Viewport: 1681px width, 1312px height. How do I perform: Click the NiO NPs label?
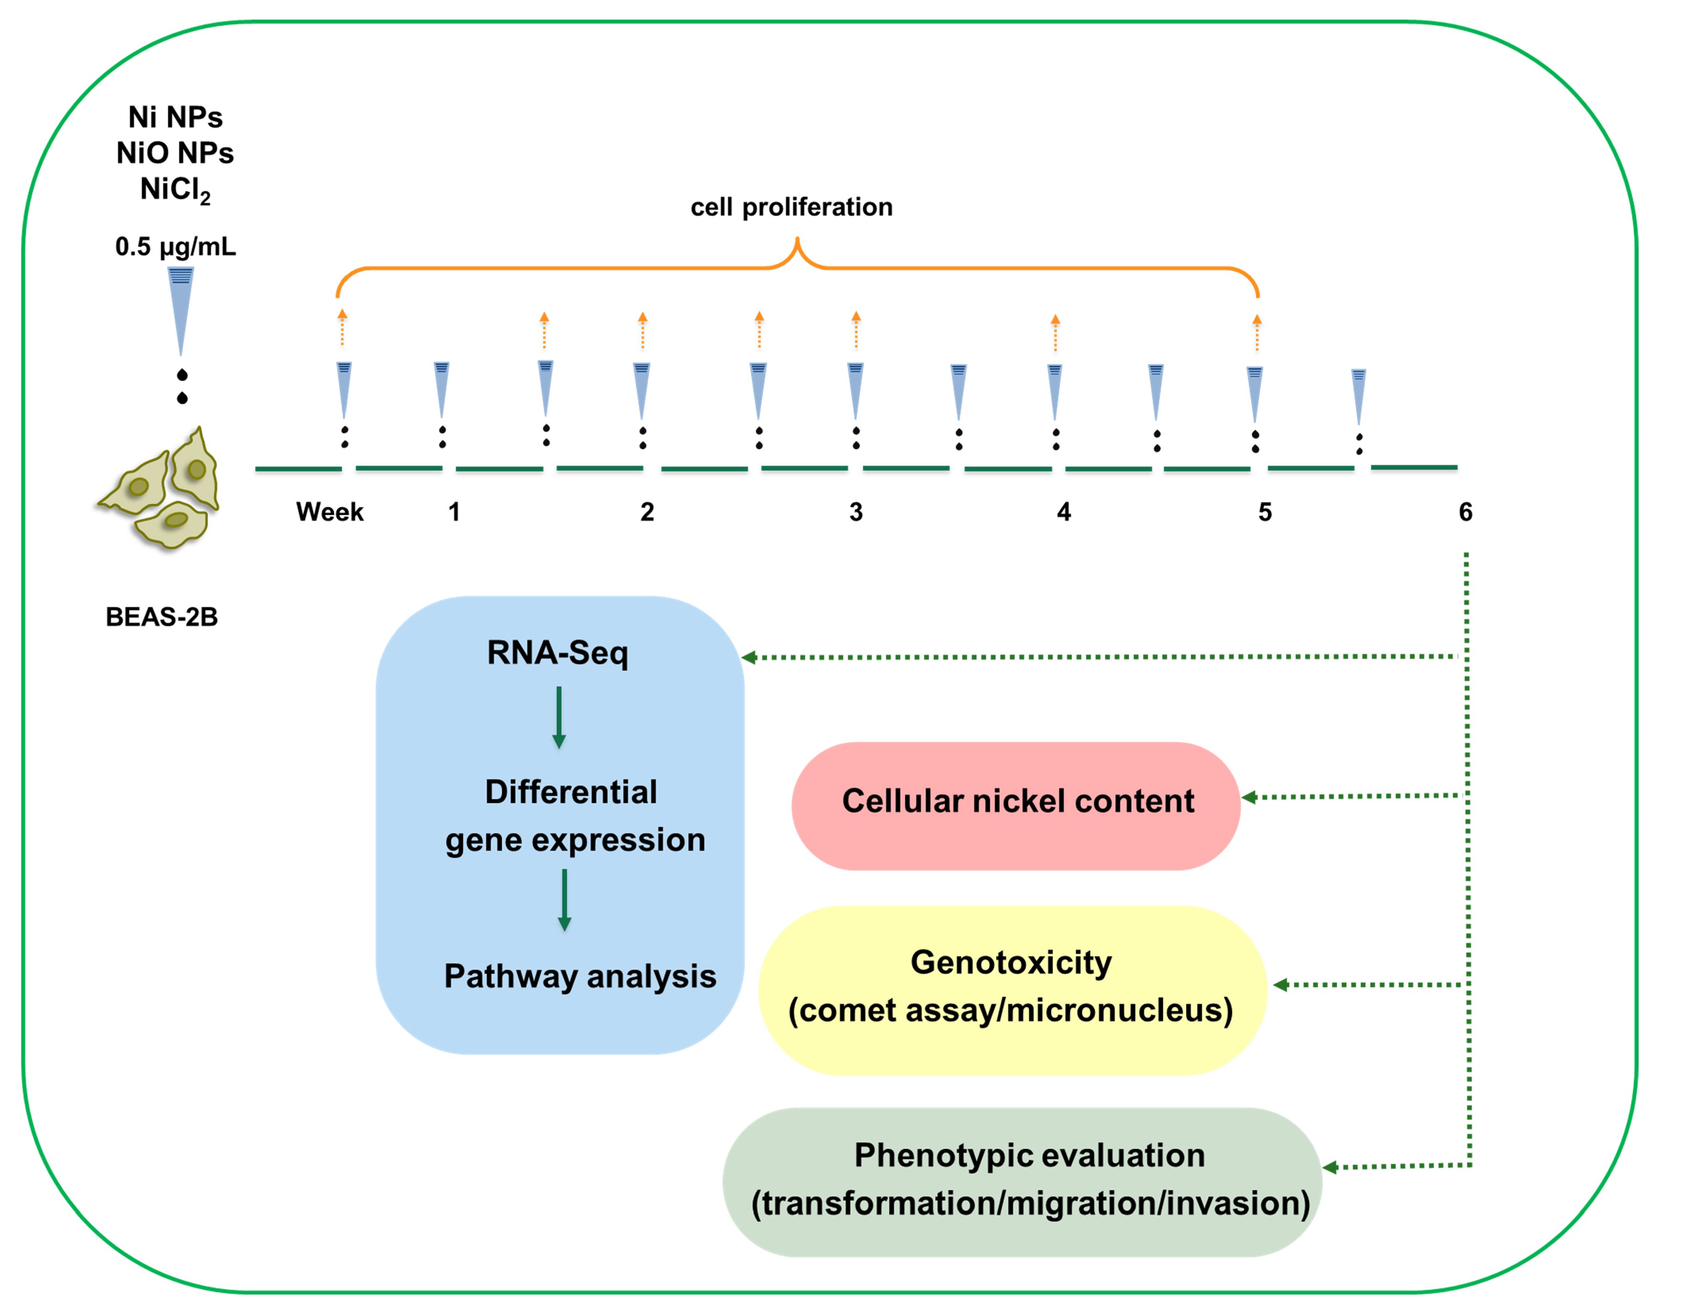175,153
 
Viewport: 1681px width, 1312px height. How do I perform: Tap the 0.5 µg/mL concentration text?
175,247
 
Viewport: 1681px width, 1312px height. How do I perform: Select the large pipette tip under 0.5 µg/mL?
181,308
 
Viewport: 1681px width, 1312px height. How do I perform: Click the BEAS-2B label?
161,617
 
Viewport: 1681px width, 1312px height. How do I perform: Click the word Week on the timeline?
329,513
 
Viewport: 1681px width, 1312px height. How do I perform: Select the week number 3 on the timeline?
856,513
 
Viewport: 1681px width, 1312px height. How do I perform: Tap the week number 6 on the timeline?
1466,513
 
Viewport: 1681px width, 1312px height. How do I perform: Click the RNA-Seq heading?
558,653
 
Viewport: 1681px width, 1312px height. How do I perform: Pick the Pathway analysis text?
579,977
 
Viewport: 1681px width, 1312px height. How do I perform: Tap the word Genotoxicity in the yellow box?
1011,963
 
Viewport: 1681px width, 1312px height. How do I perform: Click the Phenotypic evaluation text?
1030,1156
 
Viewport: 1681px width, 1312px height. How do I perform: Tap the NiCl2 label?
175,189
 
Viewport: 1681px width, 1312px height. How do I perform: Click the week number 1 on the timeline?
454,513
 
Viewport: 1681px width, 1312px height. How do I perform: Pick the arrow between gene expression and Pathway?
564,901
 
